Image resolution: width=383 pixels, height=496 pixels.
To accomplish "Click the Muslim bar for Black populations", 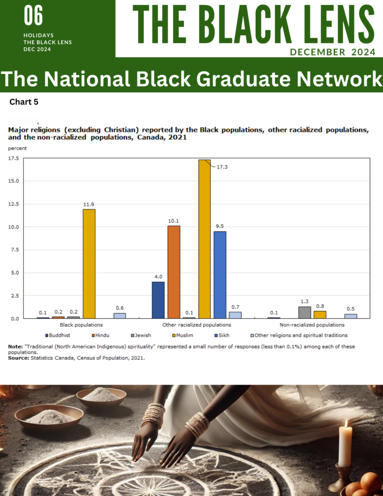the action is [89, 264].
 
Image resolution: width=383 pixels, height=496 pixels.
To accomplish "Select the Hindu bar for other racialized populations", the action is [174, 272].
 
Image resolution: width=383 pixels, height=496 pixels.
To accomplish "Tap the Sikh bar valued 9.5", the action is [220, 275].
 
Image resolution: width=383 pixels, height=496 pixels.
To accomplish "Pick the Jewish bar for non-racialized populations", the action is [305, 312].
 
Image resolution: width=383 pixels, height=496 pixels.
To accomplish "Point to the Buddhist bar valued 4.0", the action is [158, 300].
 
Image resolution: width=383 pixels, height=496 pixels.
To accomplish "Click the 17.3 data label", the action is [222, 167].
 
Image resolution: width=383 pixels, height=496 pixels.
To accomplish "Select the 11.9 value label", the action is [89, 204].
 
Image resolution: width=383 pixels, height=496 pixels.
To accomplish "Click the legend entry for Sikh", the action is [222, 335].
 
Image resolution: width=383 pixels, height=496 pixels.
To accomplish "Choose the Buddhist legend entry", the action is [58, 335].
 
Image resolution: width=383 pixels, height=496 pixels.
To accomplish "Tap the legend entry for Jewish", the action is [141, 335].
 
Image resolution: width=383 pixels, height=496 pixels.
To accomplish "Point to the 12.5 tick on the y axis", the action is [14, 204].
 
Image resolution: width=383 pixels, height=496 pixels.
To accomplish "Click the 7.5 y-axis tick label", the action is [15, 250].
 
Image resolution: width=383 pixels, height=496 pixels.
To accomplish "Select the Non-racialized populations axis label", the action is [312, 325].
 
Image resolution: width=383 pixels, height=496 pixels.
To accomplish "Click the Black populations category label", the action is [81, 325].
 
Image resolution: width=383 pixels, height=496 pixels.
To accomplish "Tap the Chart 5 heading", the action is [24, 102].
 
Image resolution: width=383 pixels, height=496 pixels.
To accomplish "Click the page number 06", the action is [33, 16].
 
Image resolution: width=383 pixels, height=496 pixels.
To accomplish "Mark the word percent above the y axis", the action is [17, 148].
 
